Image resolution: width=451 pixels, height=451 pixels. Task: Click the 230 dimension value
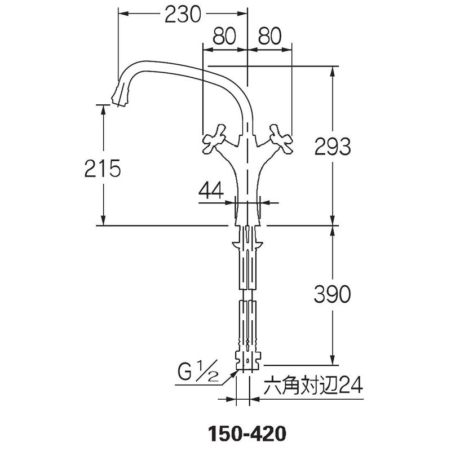[183, 15]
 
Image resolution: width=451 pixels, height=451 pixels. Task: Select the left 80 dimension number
[224, 36]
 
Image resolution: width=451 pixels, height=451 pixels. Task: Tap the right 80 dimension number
[270, 36]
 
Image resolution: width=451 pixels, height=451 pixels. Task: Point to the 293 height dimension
[333, 147]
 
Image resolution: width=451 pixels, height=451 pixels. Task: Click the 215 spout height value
[103, 168]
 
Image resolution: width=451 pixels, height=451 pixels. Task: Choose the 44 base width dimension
[211, 190]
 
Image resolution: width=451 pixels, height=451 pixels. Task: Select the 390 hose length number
[332, 294]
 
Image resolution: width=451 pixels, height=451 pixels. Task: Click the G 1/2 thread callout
[198, 372]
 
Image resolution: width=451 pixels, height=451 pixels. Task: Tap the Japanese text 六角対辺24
[313, 386]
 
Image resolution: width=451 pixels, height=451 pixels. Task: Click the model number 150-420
[247, 434]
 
